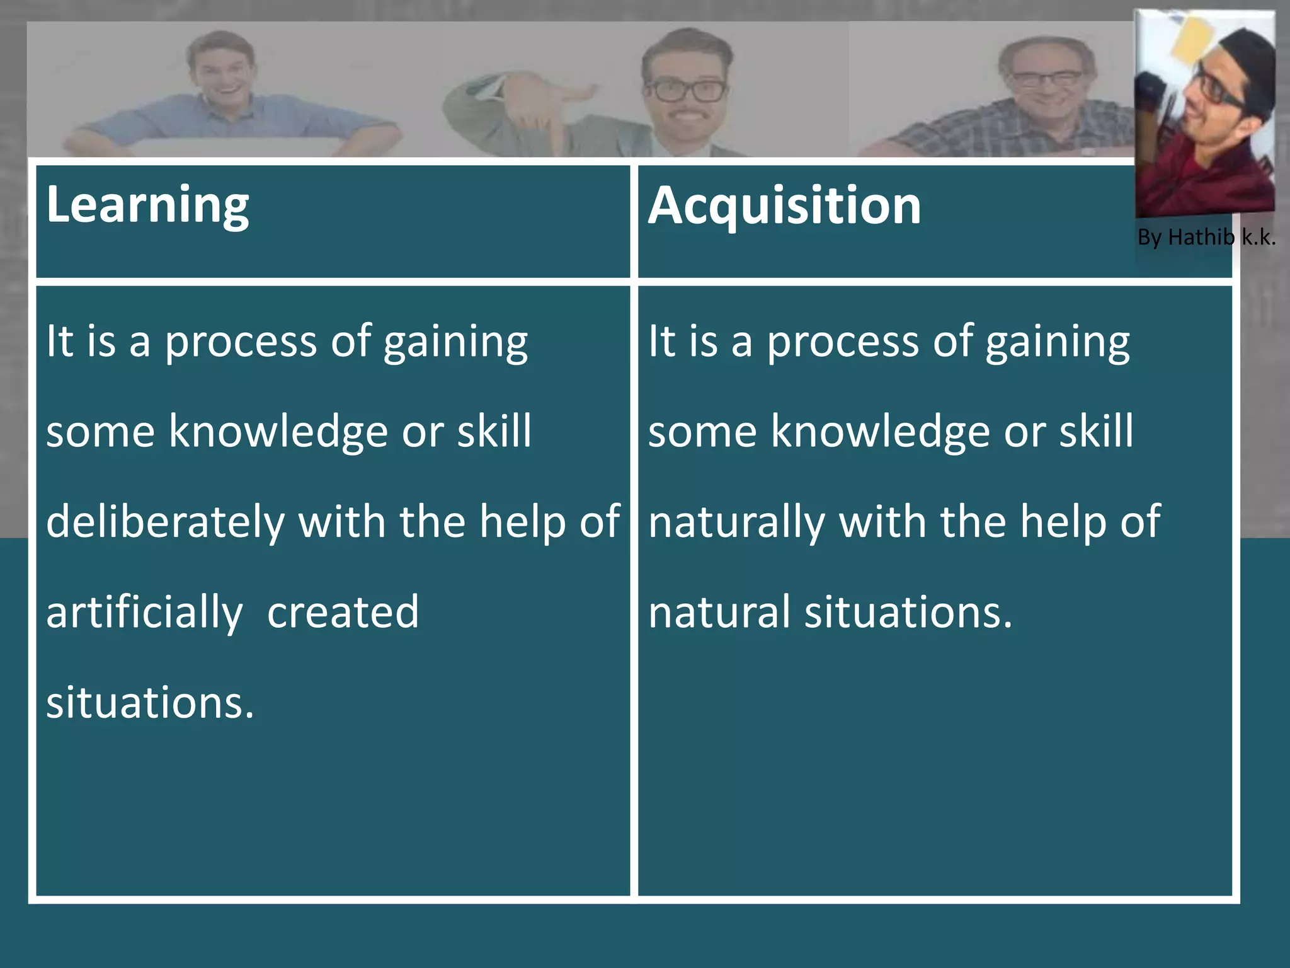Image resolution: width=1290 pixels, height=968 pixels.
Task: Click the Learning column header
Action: pos(147,205)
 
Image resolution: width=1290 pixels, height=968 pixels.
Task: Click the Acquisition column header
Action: pos(784,206)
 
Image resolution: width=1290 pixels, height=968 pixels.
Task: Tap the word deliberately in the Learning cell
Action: pos(165,522)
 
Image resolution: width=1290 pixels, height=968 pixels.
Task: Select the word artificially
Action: pos(144,613)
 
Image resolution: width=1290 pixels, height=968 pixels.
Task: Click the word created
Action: pos(343,612)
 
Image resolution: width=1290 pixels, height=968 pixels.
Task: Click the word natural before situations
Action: pos(719,612)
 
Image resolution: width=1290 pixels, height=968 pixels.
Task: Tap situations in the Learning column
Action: pos(150,703)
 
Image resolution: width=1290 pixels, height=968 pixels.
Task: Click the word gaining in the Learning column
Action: pos(455,342)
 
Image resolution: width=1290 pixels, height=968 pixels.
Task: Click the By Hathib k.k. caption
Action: pos(1206,238)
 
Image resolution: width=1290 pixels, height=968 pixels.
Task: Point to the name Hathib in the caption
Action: pos(1201,237)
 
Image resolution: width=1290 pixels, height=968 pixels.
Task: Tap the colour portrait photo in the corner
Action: pos(1205,113)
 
